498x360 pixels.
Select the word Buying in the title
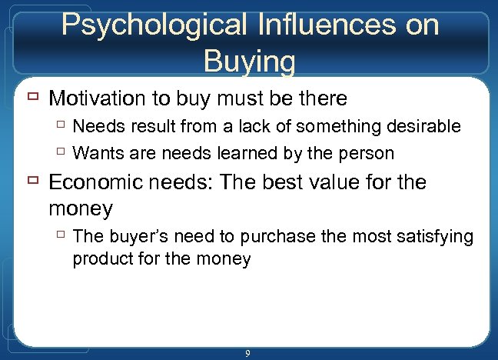249,61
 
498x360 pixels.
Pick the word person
364,153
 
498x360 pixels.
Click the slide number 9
247,353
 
